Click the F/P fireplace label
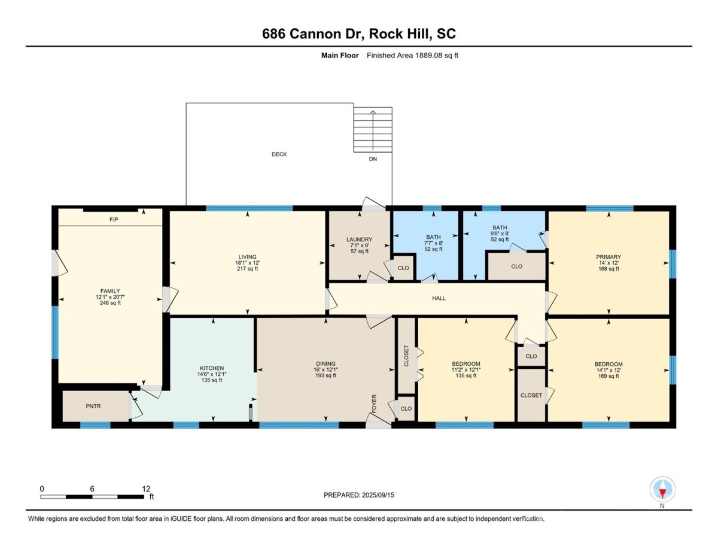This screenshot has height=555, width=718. click(x=114, y=220)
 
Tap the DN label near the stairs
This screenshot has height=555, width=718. click(x=373, y=159)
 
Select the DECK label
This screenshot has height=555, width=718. click(x=279, y=154)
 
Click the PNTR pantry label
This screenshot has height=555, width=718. click(x=93, y=407)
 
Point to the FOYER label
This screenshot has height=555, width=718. click(x=375, y=404)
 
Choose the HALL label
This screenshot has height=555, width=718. click(x=439, y=298)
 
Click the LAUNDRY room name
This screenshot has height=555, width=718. click(x=360, y=239)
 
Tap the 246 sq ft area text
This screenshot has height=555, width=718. click(x=110, y=303)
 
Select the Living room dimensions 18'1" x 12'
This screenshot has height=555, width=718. click(x=247, y=263)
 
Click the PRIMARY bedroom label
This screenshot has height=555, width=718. click(x=609, y=257)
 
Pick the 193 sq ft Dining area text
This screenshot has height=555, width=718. click(x=325, y=375)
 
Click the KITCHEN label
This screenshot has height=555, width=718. click(x=212, y=368)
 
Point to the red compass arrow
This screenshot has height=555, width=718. click(x=662, y=494)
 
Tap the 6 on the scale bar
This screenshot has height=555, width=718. click(x=92, y=489)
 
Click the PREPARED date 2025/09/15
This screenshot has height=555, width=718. click(x=378, y=495)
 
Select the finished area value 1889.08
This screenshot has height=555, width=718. click(x=429, y=56)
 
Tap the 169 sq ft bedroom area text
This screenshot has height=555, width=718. click(x=609, y=376)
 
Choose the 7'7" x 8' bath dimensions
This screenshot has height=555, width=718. click(x=434, y=243)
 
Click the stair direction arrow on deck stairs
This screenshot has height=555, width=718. click(x=373, y=128)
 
